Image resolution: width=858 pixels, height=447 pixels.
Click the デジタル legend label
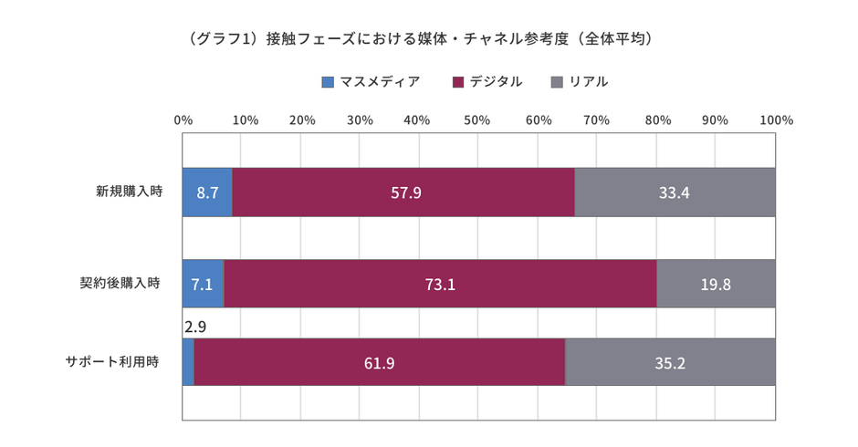click(x=496, y=82)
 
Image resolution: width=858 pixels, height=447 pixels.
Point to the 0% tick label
click(x=183, y=120)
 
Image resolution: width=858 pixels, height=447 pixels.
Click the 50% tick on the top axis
click(x=477, y=120)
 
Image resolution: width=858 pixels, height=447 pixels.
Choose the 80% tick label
click(x=657, y=120)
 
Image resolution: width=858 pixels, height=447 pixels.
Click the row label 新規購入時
click(x=129, y=192)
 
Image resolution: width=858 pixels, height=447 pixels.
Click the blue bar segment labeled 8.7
click(x=207, y=192)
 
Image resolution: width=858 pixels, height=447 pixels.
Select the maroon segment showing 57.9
click(x=404, y=192)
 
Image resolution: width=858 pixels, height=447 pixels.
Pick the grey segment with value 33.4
click(x=675, y=192)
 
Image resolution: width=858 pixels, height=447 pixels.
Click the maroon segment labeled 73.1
click(x=440, y=284)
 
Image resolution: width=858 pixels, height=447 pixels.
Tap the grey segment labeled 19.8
click(x=716, y=284)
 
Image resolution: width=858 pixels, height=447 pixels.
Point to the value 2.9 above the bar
click(x=194, y=326)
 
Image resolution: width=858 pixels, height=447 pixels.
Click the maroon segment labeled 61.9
click(x=379, y=362)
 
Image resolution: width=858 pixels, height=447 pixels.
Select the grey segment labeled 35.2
click(x=670, y=362)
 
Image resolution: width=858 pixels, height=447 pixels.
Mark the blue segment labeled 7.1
click(x=203, y=284)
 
